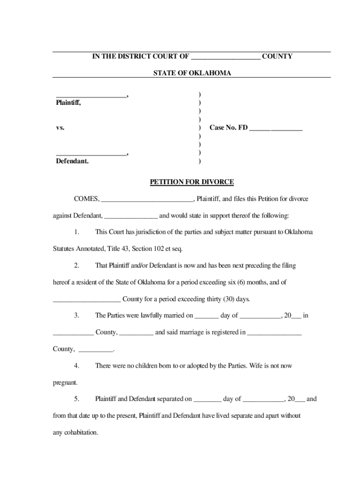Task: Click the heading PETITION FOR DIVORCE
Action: [192, 182]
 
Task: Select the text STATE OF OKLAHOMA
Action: [192, 73]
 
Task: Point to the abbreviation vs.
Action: [60, 127]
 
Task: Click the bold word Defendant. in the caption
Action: [72, 161]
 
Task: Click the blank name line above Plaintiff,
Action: [91, 96]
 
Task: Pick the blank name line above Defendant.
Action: [91, 154]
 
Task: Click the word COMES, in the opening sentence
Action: [86, 199]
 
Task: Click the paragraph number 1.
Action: [77, 232]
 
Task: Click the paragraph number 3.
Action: [77, 316]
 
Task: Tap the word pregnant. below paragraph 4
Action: [65, 383]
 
